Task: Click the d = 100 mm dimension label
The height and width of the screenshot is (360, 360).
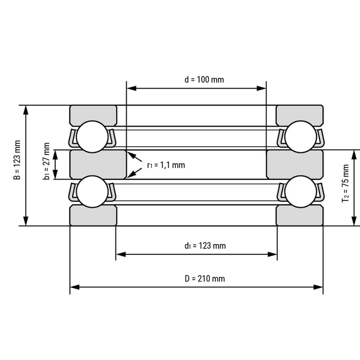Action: tap(204, 80)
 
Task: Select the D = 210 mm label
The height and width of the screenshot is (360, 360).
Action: tap(204, 278)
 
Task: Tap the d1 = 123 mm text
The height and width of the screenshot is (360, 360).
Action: tap(205, 246)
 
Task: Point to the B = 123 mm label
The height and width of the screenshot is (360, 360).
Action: tap(17, 160)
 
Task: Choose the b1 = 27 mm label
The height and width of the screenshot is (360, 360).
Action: tap(46, 161)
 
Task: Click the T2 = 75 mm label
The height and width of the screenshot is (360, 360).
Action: tap(345, 183)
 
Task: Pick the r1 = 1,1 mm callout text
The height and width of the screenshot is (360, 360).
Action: tap(166, 165)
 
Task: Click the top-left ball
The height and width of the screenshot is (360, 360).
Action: tap(92, 137)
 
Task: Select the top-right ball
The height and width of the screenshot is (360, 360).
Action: tap(300, 137)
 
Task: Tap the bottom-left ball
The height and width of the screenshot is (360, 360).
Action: tap(92, 192)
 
